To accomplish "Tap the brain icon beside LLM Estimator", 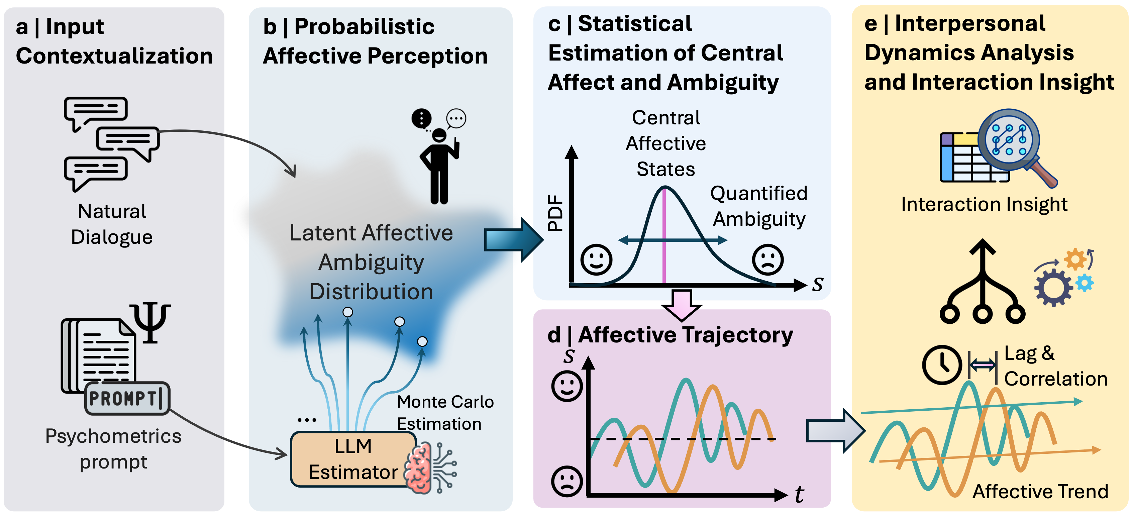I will tap(419, 468).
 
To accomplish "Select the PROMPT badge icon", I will tap(127, 399).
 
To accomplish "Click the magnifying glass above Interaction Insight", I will tap(1014, 143).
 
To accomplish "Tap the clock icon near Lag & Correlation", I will tap(942, 365).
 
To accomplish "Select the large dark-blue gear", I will tap(1053, 288).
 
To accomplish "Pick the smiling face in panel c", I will tap(596, 260).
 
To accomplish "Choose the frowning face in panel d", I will tap(567, 482).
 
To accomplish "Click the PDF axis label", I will tap(555, 213).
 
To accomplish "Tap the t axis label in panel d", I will tap(800, 494).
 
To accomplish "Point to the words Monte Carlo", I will tap(445, 402).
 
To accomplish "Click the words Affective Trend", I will tap(1040, 491).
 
